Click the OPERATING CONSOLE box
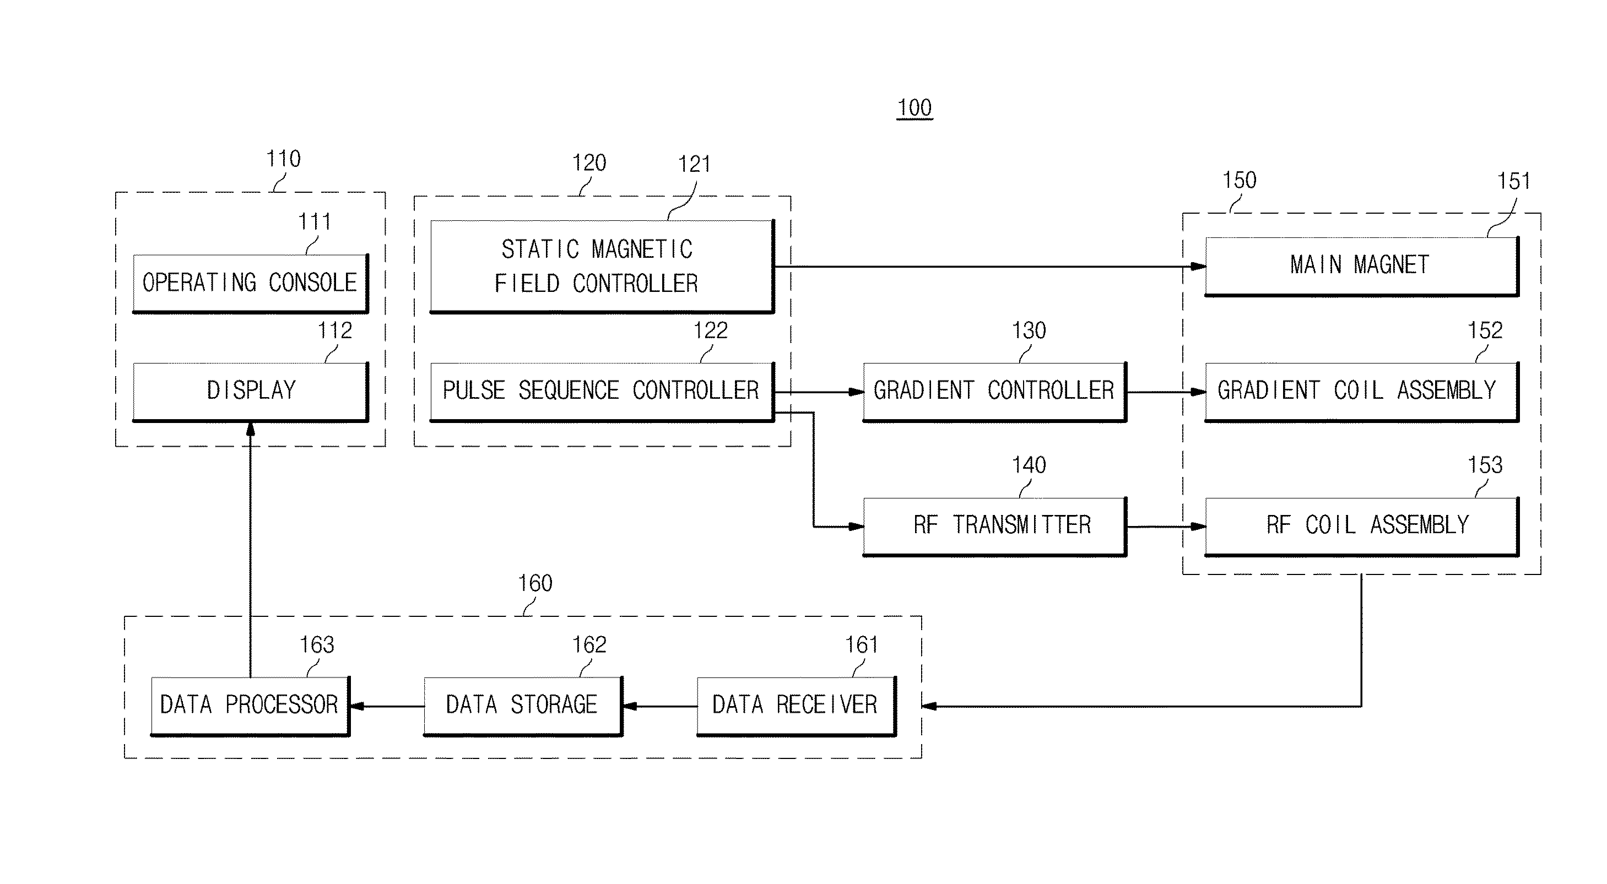pyautogui.click(x=251, y=283)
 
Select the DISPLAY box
pyautogui.click(x=251, y=392)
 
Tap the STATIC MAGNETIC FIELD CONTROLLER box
pyautogui.click(x=603, y=267)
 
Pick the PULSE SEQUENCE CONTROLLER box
pyautogui.click(x=603, y=392)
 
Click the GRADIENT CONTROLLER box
pyautogui.click(x=995, y=392)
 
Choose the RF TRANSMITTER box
pyautogui.click(x=995, y=527)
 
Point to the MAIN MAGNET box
pyautogui.click(x=1362, y=267)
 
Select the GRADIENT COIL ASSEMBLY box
pyautogui.click(x=1362, y=392)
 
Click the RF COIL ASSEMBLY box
pyautogui.click(x=1362, y=527)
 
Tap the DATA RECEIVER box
pyautogui.click(x=797, y=706)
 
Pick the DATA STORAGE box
pyautogui.click(x=523, y=706)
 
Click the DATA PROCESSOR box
pyautogui.click(x=250, y=706)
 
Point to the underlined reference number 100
pyautogui.click(x=915, y=108)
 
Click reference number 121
pyautogui.click(x=694, y=164)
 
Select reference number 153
pyautogui.click(x=1485, y=465)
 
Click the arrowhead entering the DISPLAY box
pyautogui.click(x=251, y=429)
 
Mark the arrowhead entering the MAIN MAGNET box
pyautogui.click(x=1198, y=267)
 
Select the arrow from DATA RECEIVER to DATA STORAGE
pyautogui.click(x=660, y=706)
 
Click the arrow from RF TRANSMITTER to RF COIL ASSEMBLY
pyautogui.click(x=1166, y=527)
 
